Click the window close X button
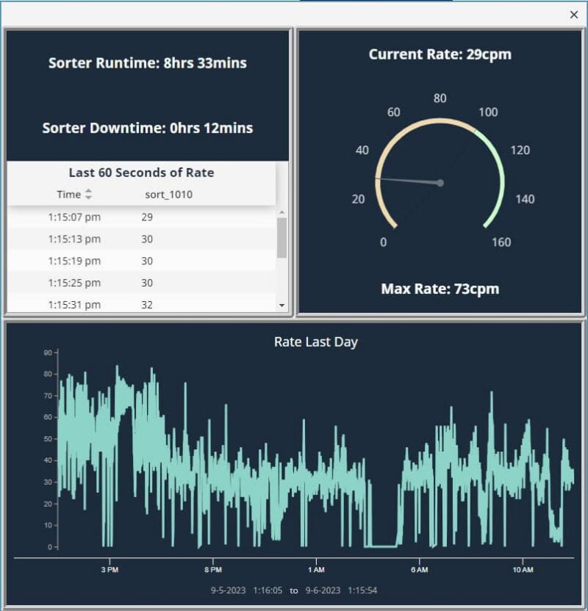click(x=574, y=15)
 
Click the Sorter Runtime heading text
click(x=148, y=63)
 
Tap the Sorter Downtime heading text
click(x=148, y=128)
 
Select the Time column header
click(x=69, y=195)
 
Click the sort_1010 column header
click(x=169, y=195)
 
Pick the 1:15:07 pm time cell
click(x=74, y=217)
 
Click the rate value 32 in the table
click(x=147, y=305)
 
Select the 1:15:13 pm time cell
click(x=74, y=239)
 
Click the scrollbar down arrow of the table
click(x=282, y=305)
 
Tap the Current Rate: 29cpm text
click(x=440, y=54)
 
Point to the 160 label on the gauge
click(x=501, y=242)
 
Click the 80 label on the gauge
click(x=440, y=98)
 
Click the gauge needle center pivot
click(x=440, y=183)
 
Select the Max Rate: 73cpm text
click(x=440, y=289)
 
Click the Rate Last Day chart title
click(x=316, y=342)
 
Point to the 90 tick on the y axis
click(x=48, y=352)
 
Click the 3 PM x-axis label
click(x=109, y=570)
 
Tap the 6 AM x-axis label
click(x=419, y=570)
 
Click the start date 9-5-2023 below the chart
click(x=228, y=590)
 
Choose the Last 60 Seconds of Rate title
click(x=141, y=173)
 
